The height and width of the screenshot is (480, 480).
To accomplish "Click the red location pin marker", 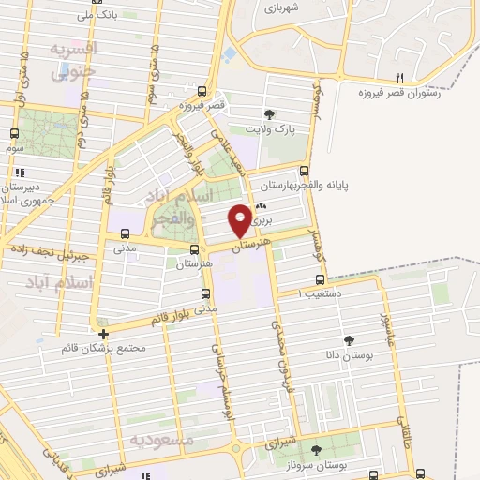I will coord(240,218).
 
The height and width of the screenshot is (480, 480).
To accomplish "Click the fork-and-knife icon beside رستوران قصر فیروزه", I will coord(399,77).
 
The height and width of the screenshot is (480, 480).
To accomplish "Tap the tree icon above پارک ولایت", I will coord(270,113).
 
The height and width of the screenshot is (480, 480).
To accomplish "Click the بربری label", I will coord(266,218).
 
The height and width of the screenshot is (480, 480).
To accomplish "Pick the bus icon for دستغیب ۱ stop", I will coord(321,278).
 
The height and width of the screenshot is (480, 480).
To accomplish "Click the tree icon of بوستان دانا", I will coord(350,339).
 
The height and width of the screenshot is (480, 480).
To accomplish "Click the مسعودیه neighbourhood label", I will coord(161,439).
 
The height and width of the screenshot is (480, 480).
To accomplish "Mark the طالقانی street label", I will coord(405,432).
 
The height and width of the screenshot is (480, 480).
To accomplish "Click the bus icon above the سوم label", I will coord(14,134).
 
